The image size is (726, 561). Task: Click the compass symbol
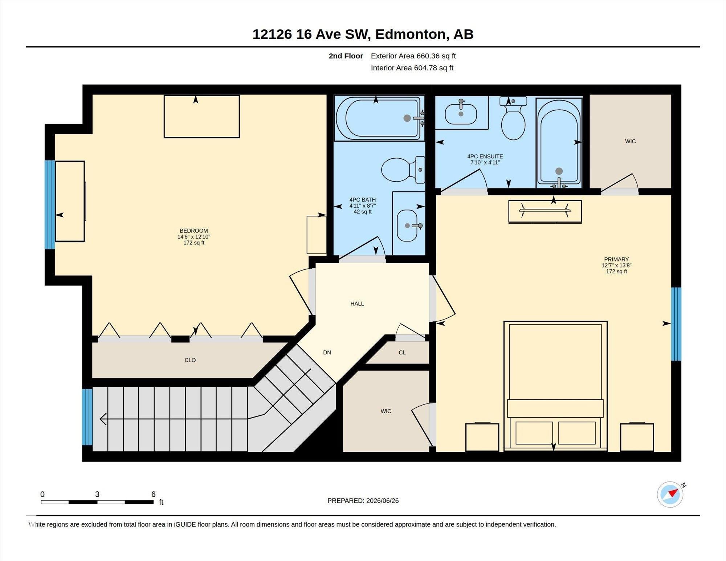(670, 494)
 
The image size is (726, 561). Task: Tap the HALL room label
(357, 304)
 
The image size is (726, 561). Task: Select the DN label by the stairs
(327, 352)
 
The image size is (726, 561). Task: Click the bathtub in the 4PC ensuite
(559, 143)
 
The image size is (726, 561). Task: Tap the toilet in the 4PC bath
(403, 170)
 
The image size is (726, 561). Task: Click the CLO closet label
(190, 360)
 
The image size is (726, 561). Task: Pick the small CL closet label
(402, 353)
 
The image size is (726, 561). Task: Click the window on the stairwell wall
(87, 417)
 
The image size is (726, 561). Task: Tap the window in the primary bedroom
(676, 324)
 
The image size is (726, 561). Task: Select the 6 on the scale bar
(154, 494)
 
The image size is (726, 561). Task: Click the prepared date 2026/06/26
(383, 501)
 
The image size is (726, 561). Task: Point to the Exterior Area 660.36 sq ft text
(413, 56)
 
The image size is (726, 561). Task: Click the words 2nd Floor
(346, 56)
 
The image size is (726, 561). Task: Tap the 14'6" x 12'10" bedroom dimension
(194, 237)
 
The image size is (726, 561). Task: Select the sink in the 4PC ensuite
(461, 113)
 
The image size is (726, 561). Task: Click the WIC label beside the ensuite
(631, 141)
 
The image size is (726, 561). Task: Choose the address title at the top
(363, 34)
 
